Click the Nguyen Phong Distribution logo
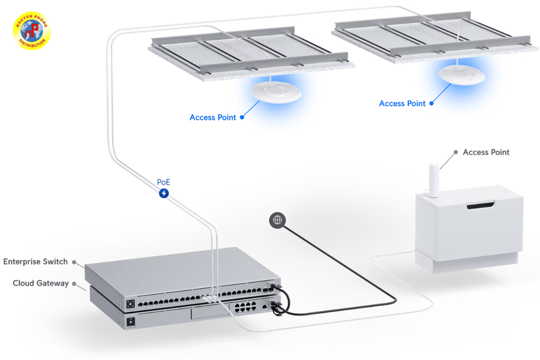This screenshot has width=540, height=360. tap(32, 34)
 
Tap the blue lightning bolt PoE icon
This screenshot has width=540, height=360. tap(163, 193)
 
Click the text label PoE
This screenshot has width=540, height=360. tap(163, 182)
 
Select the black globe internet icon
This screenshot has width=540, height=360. tap(277, 220)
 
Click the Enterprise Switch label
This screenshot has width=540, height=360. tap(35, 262)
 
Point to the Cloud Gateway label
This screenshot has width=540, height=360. tap(40, 283)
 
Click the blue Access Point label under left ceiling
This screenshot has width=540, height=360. tap(212, 118)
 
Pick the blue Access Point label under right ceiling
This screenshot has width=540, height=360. tap(402, 103)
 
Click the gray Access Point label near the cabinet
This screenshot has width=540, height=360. tap(486, 152)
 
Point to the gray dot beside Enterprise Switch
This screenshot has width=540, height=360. tap(74, 262)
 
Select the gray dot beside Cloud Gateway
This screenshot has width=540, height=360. tap(74, 283)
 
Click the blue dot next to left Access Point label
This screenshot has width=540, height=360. tap(242, 118)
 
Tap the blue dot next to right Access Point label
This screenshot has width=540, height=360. tap(431, 103)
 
